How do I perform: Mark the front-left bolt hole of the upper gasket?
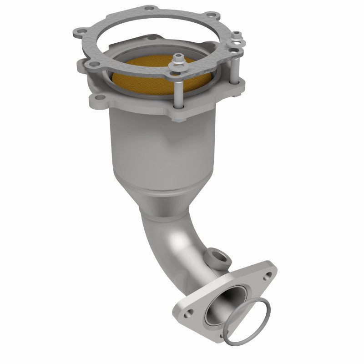[93, 64]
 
